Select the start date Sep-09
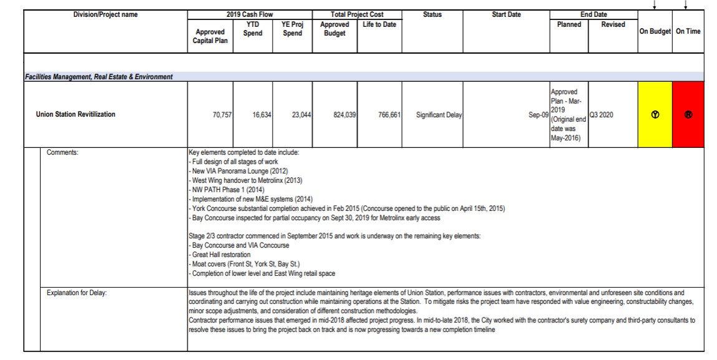537,115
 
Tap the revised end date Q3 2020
603,115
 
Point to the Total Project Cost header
357,14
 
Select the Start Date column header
506,14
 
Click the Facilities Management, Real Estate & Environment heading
87,77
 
